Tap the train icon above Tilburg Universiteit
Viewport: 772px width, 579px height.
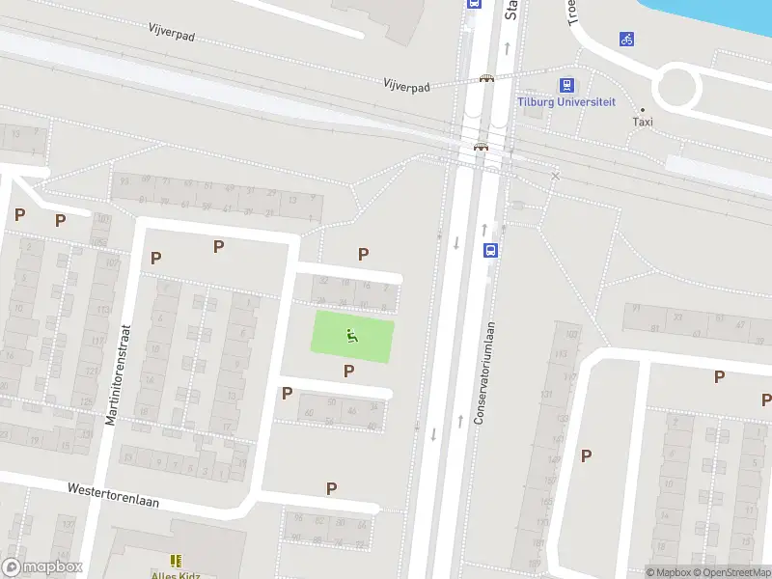coord(566,85)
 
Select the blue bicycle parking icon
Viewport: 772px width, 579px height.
coord(627,40)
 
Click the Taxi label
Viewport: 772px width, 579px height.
coord(643,122)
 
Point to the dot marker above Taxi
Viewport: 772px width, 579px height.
coord(643,109)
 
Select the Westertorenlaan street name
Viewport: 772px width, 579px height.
coord(113,496)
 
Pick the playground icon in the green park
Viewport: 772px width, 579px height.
coord(352,336)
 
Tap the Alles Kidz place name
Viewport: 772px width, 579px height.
coord(176,575)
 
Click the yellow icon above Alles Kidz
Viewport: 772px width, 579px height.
coord(176,560)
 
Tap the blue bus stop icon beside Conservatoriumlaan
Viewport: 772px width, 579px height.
coord(490,250)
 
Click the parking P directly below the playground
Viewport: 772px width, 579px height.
coord(348,371)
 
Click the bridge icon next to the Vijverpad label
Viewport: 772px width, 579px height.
coord(487,79)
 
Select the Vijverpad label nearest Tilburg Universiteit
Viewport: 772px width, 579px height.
coord(405,85)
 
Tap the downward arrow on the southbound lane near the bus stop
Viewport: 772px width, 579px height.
coord(455,241)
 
